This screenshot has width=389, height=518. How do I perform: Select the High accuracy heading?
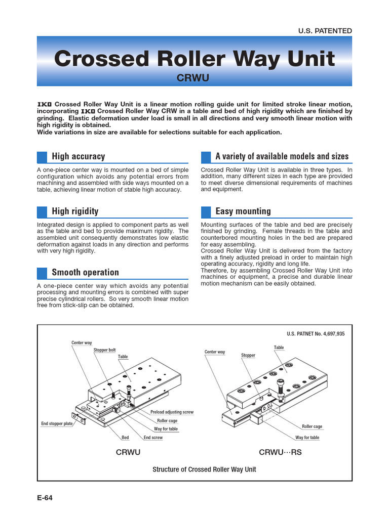[x=79, y=156]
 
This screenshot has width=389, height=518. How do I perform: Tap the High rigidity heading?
[x=75, y=211]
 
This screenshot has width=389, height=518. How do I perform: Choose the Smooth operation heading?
[x=85, y=273]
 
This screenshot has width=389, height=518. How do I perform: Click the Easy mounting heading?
[x=243, y=211]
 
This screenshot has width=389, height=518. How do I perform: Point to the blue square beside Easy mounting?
[x=206, y=211]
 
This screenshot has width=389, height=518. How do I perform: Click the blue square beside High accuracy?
[x=43, y=156]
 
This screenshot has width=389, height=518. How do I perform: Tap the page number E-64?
[x=45, y=497]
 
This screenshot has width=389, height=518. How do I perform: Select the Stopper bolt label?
[x=104, y=350]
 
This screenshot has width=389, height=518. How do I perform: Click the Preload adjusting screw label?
[x=172, y=412]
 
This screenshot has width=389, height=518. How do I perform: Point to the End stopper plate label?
[x=57, y=423]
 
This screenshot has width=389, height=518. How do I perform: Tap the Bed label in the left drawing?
[x=125, y=438]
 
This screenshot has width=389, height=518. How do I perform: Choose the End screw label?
[x=153, y=438]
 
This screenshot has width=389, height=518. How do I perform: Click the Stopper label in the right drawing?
[x=248, y=356]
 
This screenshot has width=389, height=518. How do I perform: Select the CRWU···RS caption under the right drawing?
[x=280, y=452]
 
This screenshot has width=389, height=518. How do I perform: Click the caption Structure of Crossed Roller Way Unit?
[x=204, y=469]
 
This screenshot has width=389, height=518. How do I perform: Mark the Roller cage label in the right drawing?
[x=312, y=426]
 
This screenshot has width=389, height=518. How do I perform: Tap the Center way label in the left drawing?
[x=82, y=343]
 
